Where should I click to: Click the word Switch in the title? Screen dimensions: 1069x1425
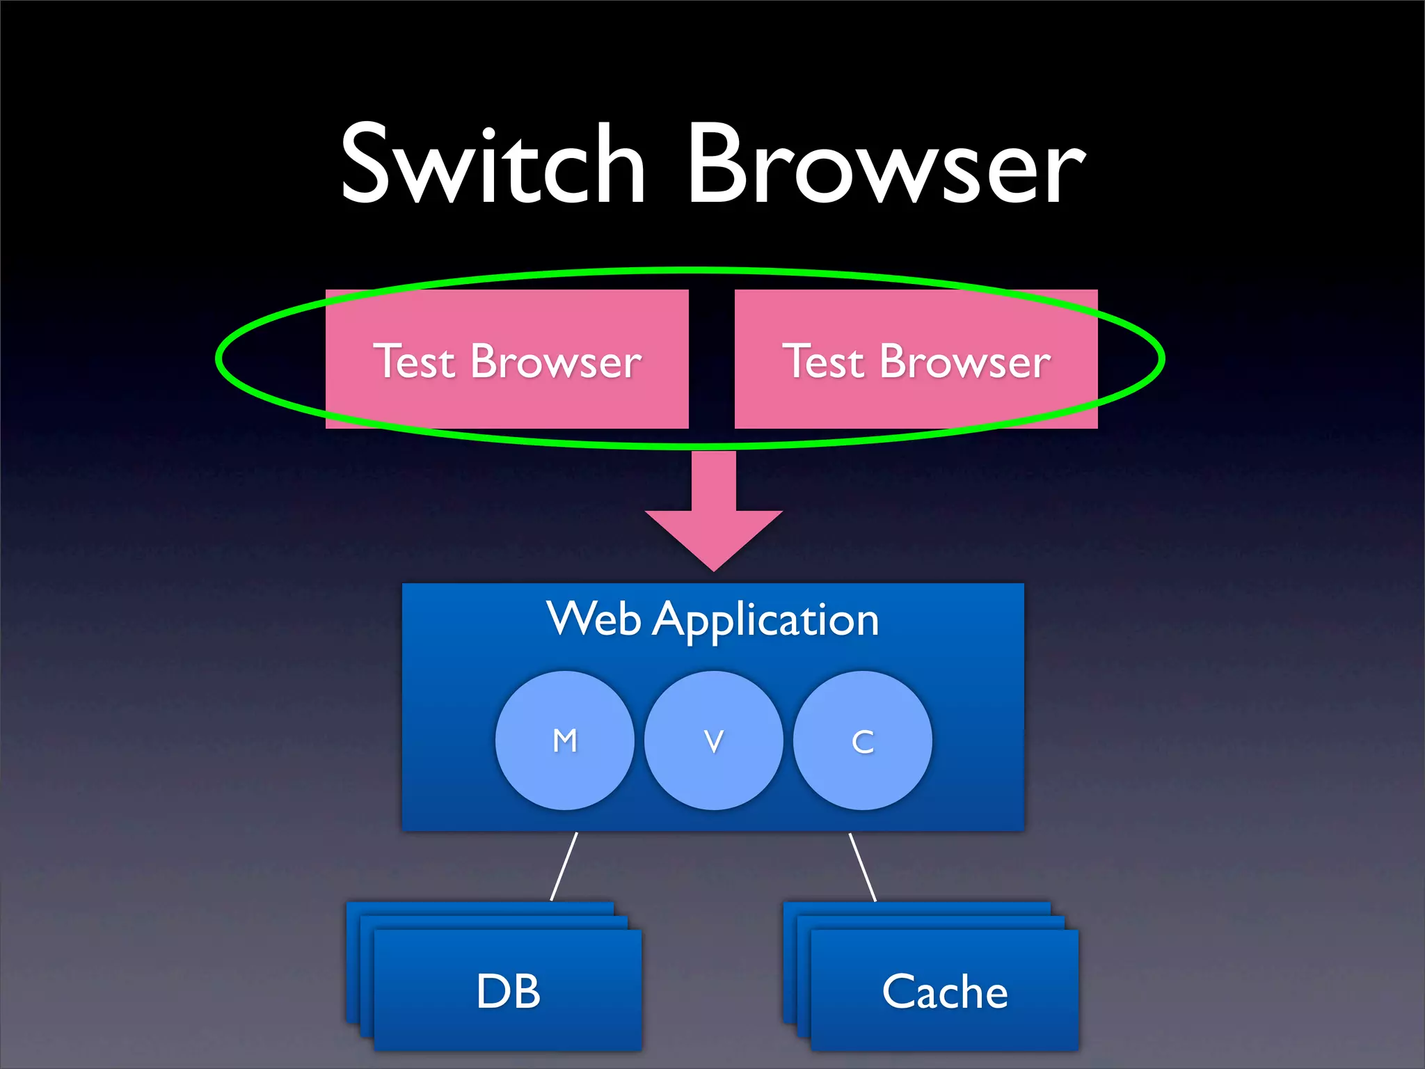(x=493, y=165)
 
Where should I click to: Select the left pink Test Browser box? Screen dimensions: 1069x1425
(x=507, y=359)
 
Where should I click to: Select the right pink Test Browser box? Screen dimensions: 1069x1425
(x=916, y=359)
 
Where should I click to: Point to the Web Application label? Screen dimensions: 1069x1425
(x=712, y=619)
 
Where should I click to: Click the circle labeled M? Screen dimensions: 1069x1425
(x=564, y=741)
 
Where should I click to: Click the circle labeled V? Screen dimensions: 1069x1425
(x=713, y=741)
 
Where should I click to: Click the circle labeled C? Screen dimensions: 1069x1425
(x=862, y=741)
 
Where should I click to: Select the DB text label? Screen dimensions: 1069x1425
(x=508, y=991)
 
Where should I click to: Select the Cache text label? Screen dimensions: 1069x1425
(x=944, y=991)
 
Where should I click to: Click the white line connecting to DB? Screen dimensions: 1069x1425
(x=564, y=866)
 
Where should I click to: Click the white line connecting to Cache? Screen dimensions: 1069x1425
(x=863, y=866)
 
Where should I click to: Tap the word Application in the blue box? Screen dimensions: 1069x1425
(x=765, y=620)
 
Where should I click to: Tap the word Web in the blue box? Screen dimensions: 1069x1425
(x=593, y=619)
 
